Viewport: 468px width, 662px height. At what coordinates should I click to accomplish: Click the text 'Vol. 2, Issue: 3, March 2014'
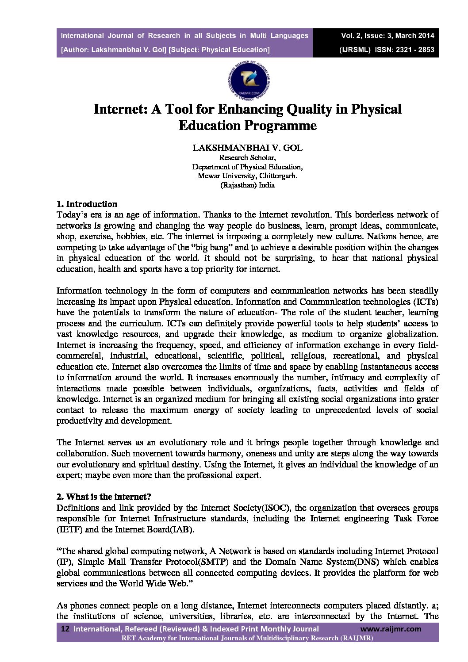coord(387,35)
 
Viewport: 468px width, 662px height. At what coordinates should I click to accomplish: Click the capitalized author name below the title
coord(247,148)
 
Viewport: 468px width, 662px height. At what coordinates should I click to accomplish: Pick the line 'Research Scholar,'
coord(247,157)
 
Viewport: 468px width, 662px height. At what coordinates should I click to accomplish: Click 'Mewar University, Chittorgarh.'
coord(247,176)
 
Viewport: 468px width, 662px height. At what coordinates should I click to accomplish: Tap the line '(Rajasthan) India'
coord(247,185)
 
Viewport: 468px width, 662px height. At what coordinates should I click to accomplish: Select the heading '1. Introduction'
coord(87,204)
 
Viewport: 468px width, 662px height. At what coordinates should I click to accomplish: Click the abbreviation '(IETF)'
coord(69,529)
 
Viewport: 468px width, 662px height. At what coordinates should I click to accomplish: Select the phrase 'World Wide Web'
coord(156,583)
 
